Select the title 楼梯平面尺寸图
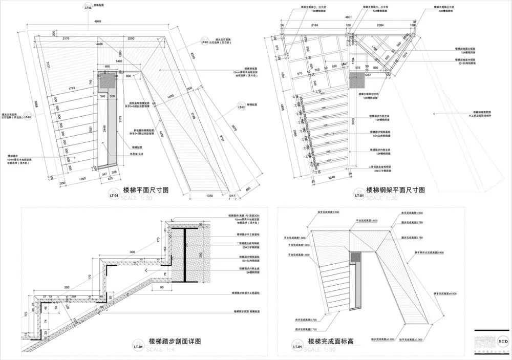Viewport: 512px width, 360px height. pos(146,190)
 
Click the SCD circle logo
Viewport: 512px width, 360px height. pos(503,340)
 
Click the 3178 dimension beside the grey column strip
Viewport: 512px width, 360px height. pos(121,121)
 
